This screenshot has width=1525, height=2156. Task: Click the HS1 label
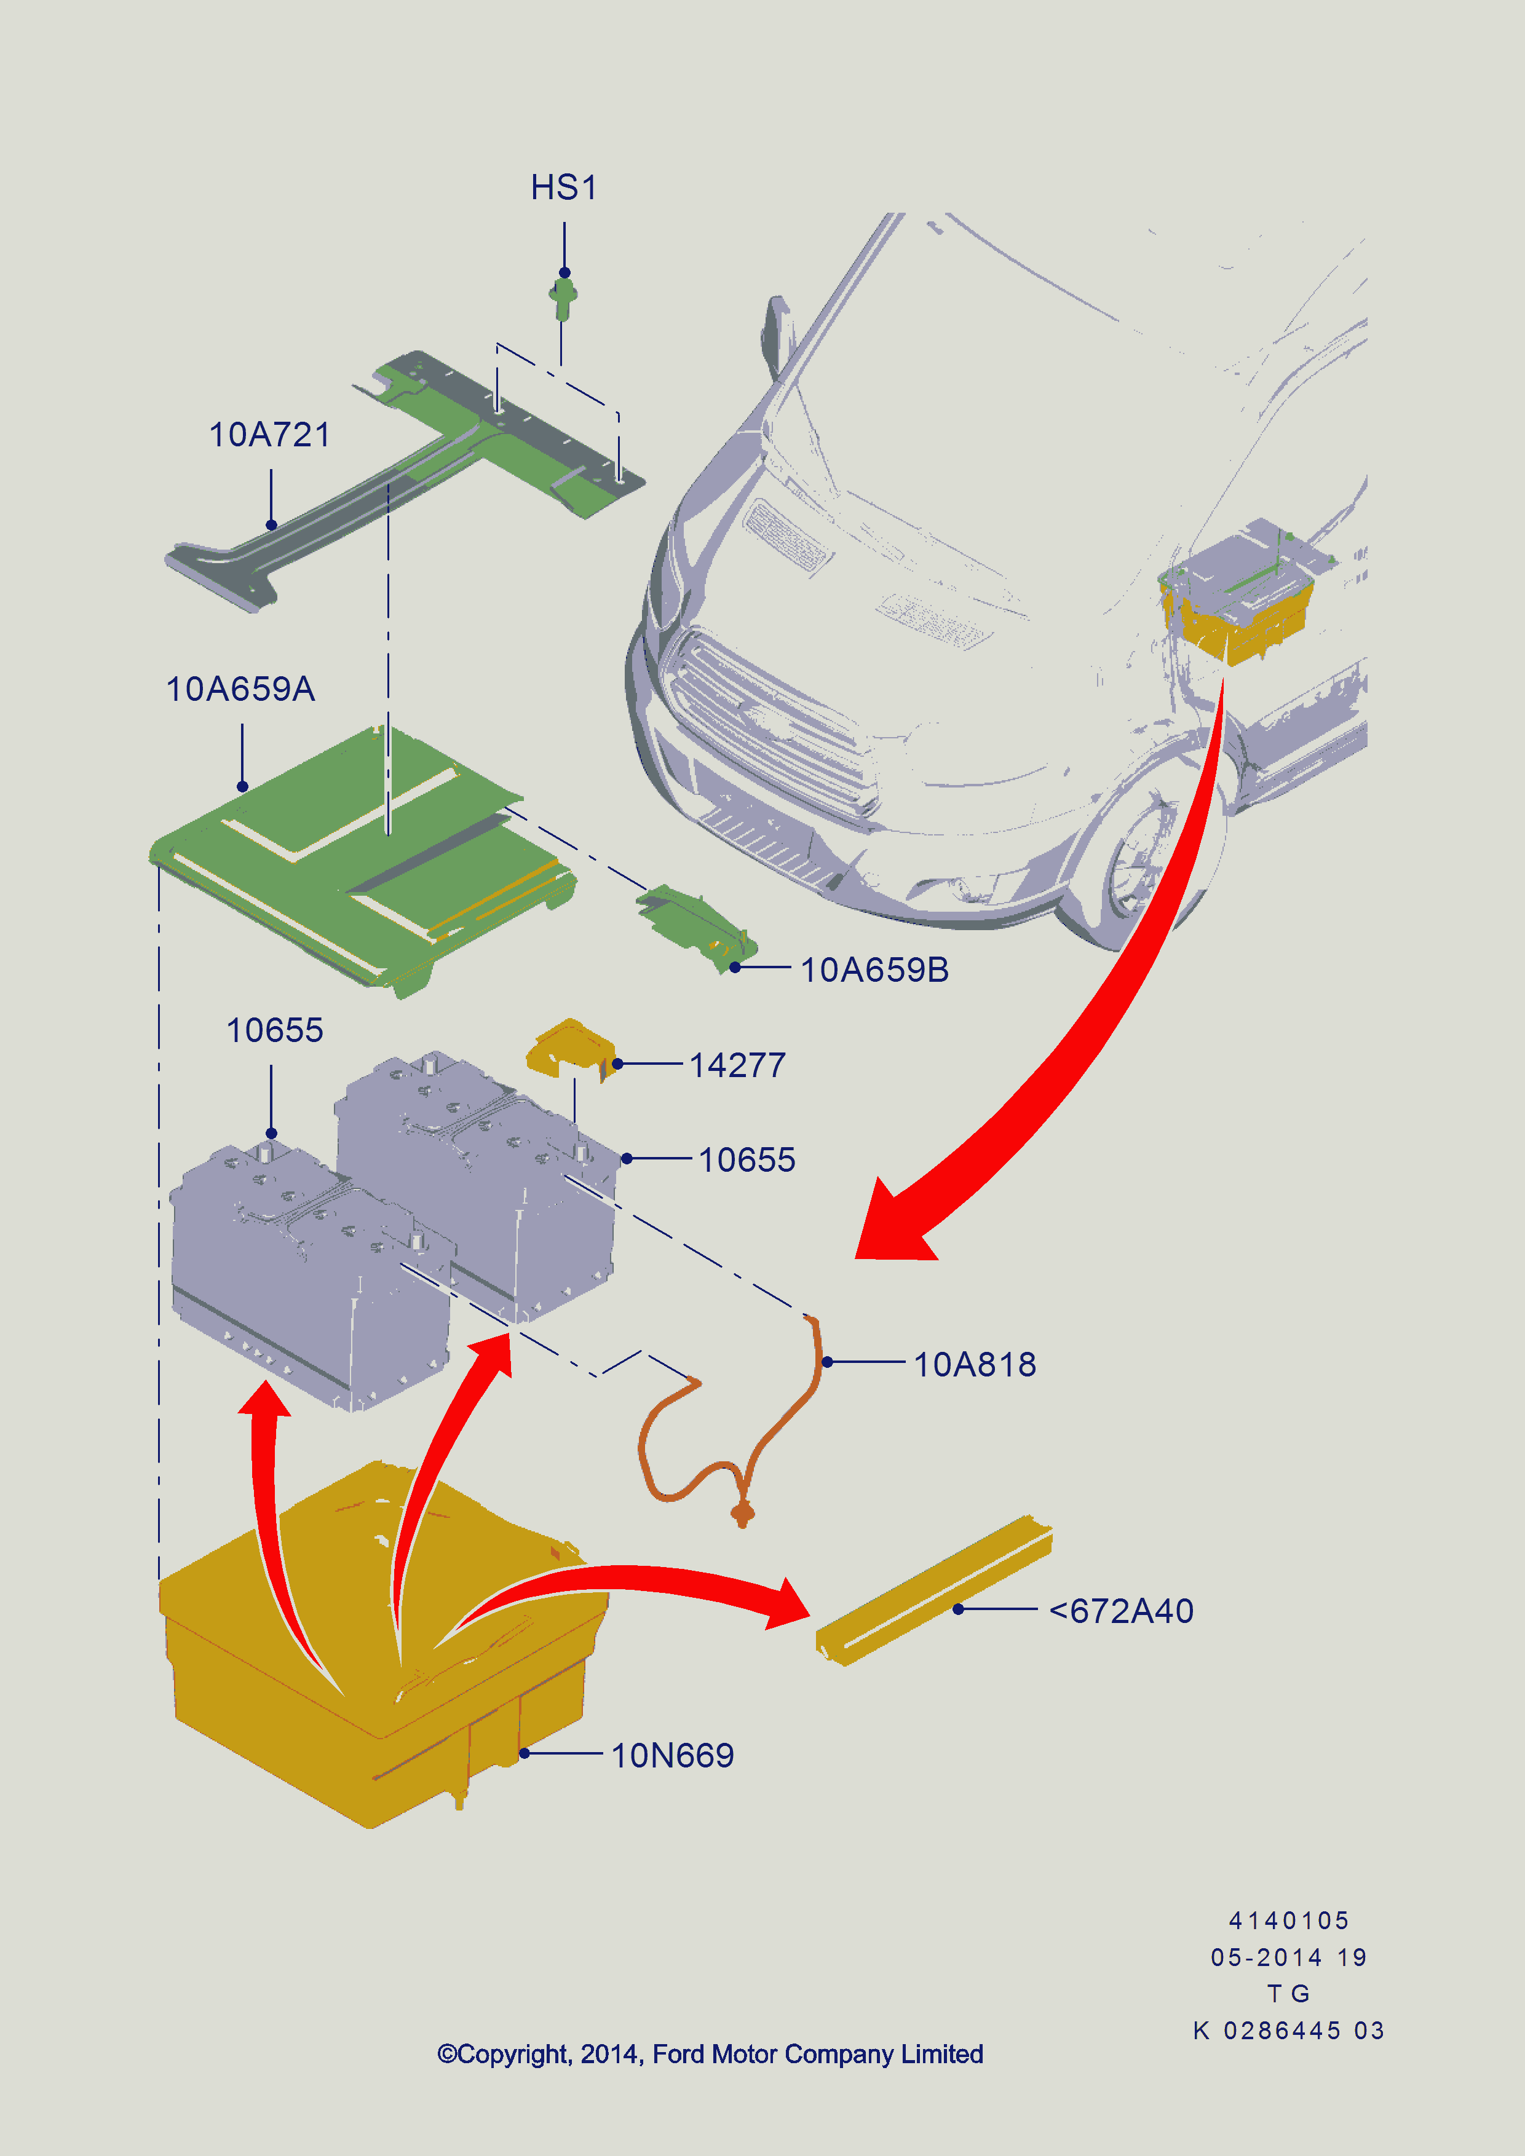point(563,188)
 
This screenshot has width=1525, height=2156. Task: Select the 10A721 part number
point(269,435)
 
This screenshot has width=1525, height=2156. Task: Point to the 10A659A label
point(240,689)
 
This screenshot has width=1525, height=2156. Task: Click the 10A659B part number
point(874,970)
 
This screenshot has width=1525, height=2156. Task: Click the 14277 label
point(737,1066)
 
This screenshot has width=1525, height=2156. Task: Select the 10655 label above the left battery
point(274,1030)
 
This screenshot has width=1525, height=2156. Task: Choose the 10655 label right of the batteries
point(747,1159)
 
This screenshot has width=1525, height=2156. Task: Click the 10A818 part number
point(975,1364)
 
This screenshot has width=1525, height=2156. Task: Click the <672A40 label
point(1121,1611)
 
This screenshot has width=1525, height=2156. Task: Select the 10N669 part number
point(672,1755)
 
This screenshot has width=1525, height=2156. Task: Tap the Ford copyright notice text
point(710,2054)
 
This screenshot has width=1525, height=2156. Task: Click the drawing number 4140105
point(1288,1921)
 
